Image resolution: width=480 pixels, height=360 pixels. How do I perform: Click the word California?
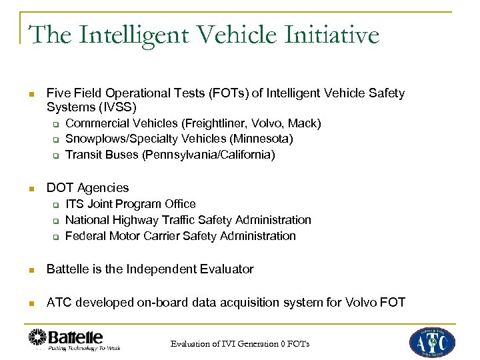click(239, 155)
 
